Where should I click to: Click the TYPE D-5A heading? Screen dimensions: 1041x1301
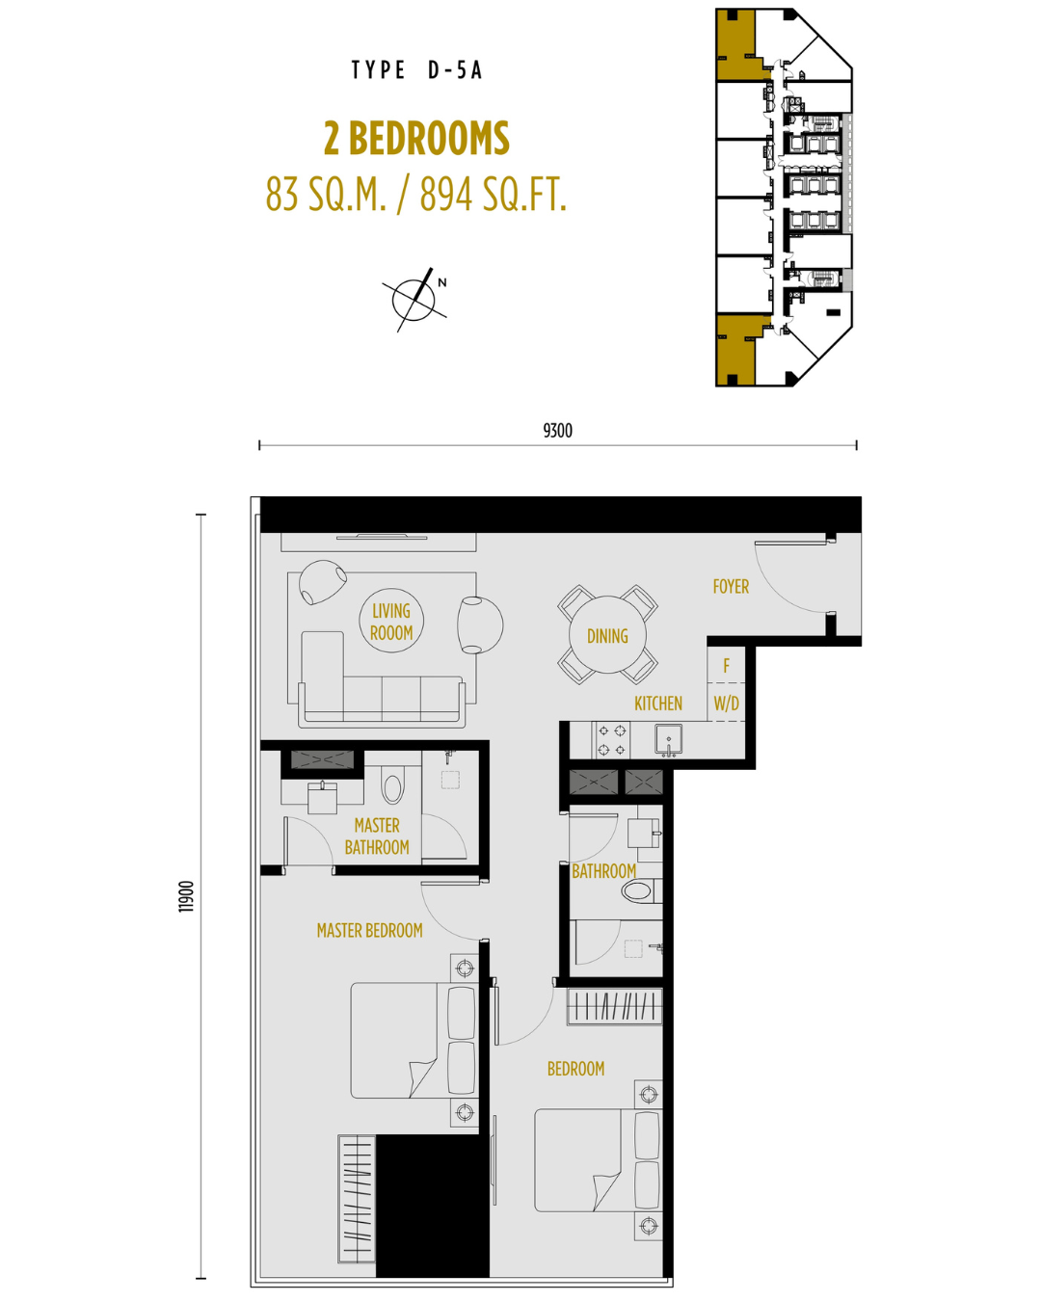point(416,70)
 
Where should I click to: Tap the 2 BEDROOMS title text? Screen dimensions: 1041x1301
point(416,139)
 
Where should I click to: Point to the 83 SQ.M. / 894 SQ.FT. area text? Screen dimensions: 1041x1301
point(416,195)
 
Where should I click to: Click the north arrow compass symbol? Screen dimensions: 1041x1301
point(415,300)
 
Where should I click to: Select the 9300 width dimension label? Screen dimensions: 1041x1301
point(557,431)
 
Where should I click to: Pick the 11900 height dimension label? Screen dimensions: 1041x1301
point(187,896)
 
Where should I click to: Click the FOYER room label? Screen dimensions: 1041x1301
point(731,587)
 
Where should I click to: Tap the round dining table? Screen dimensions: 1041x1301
point(607,635)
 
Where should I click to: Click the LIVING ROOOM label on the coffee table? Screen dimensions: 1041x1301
point(391,622)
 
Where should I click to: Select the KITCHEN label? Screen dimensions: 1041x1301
point(658,704)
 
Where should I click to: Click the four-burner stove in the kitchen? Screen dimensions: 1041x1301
point(611,740)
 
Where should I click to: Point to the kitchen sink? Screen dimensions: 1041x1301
point(668,740)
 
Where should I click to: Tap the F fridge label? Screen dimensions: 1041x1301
point(727,666)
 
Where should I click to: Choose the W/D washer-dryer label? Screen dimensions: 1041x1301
point(726,704)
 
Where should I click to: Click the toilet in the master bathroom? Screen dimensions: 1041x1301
point(392,785)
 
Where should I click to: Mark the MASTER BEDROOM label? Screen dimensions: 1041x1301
point(369,930)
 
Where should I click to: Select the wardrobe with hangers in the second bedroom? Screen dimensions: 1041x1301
point(615,1006)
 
